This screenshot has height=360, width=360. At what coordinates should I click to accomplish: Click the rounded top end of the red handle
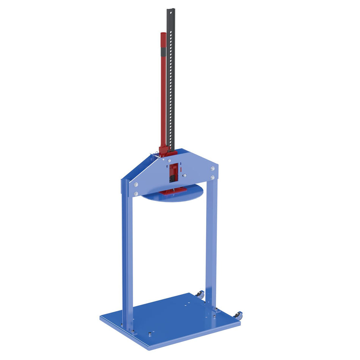pyautogui.click(x=163, y=34)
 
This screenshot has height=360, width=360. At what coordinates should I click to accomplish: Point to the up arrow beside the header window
pyautogui.click(x=167, y=166)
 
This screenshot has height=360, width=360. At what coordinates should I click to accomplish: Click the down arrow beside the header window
pyautogui.click(x=180, y=164)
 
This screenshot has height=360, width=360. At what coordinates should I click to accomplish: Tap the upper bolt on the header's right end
pyautogui.click(x=212, y=169)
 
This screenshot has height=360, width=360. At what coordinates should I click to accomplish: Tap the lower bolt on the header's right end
pyautogui.click(x=212, y=177)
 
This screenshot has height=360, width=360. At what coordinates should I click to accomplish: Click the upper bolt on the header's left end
pyautogui.click(x=136, y=185)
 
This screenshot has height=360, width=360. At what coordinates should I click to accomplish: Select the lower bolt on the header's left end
pyautogui.click(x=136, y=194)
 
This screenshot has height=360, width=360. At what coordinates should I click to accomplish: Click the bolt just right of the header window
pyautogui.click(x=184, y=175)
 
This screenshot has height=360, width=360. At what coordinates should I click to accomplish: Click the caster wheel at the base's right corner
pyautogui.click(x=238, y=315)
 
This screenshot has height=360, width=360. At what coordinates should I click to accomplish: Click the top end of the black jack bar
pyautogui.click(x=171, y=9)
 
